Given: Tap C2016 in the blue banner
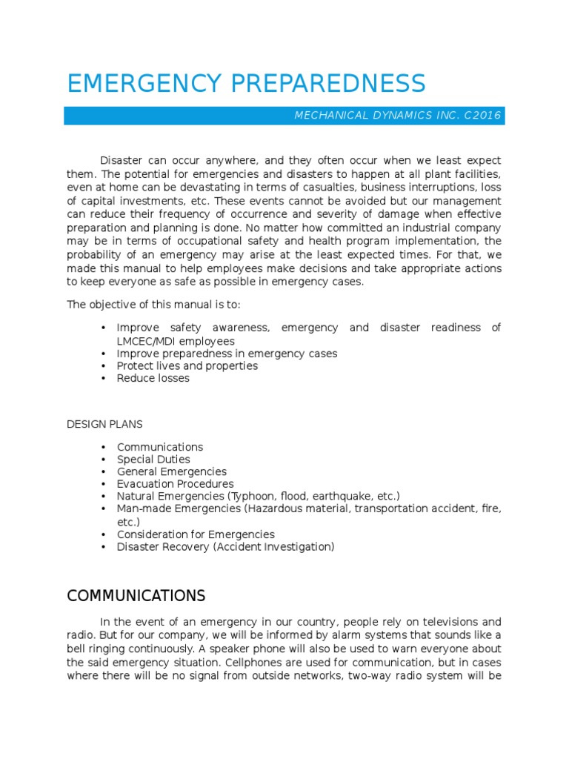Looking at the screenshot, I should (482, 116).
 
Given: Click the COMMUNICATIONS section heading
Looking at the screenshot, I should (136, 596).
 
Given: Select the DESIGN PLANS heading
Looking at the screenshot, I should (104, 425).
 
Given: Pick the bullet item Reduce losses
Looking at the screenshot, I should (153, 378).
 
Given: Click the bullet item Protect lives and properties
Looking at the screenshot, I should (187, 365).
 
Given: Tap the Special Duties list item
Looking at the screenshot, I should (153, 460).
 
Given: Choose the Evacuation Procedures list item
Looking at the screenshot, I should (175, 484).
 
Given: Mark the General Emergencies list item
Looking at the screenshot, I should (171, 471).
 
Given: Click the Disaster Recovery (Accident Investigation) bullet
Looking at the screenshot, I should (225, 547).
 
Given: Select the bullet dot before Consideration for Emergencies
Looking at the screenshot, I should (102, 534).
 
